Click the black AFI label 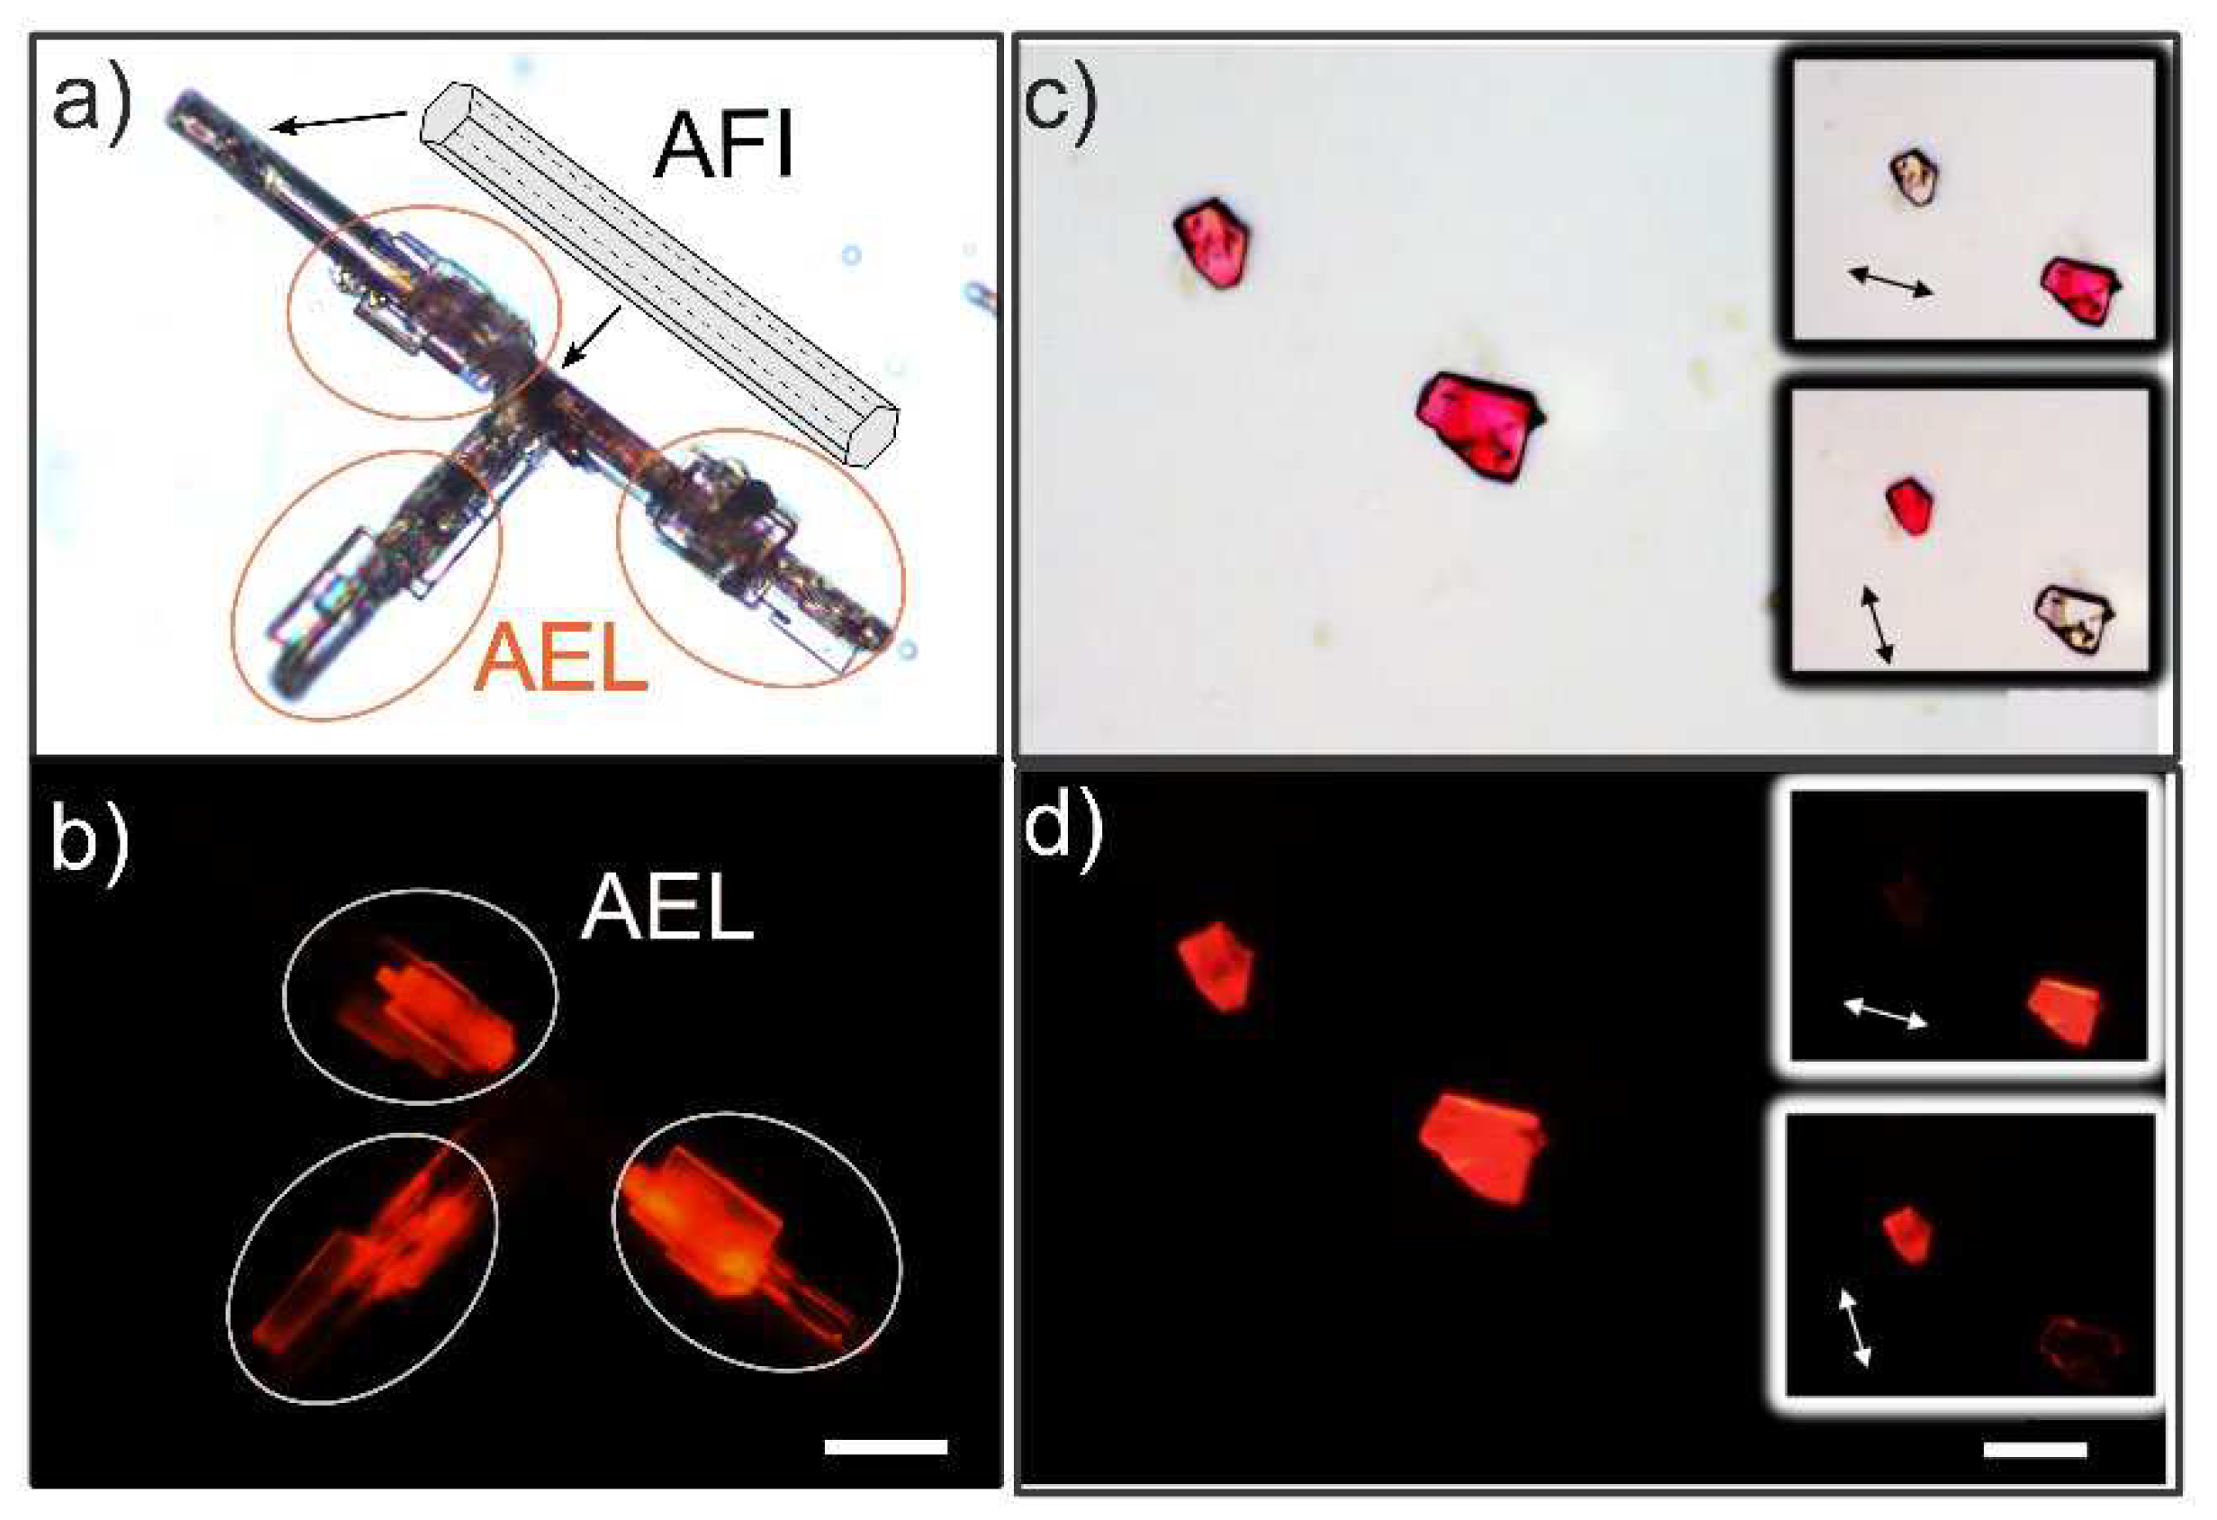(723, 145)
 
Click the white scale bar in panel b (884, 1445)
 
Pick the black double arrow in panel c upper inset (1890, 283)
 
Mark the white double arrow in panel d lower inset (1854, 1326)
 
